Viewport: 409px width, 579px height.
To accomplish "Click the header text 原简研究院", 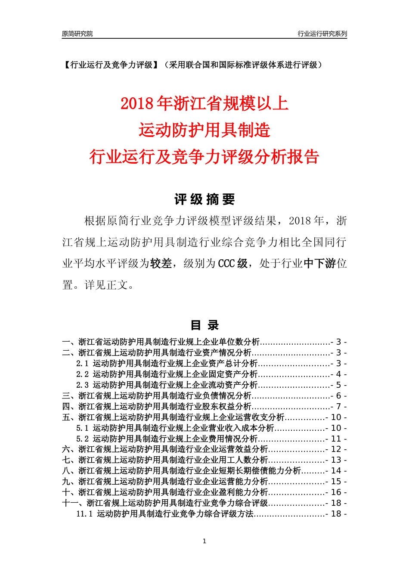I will (77, 34).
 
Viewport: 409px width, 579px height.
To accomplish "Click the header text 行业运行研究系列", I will (322, 34).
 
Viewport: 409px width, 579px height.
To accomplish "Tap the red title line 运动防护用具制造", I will (204, 130).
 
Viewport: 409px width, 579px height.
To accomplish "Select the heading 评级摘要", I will (204, 199).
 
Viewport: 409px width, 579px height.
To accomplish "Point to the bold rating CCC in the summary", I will (226, 264).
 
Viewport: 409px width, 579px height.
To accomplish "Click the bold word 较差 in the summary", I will (161, 264).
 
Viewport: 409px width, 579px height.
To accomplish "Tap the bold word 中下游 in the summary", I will (320, 264).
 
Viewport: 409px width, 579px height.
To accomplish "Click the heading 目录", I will (204, 325).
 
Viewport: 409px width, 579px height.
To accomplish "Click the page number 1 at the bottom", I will (204, 541).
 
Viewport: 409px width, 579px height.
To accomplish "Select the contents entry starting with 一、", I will (161, 342).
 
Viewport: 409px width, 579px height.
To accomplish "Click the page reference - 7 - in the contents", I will (339, 407).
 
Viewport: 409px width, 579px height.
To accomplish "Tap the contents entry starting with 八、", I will (181, 471).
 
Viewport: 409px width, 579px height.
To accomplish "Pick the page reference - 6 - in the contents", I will (339, 396).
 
